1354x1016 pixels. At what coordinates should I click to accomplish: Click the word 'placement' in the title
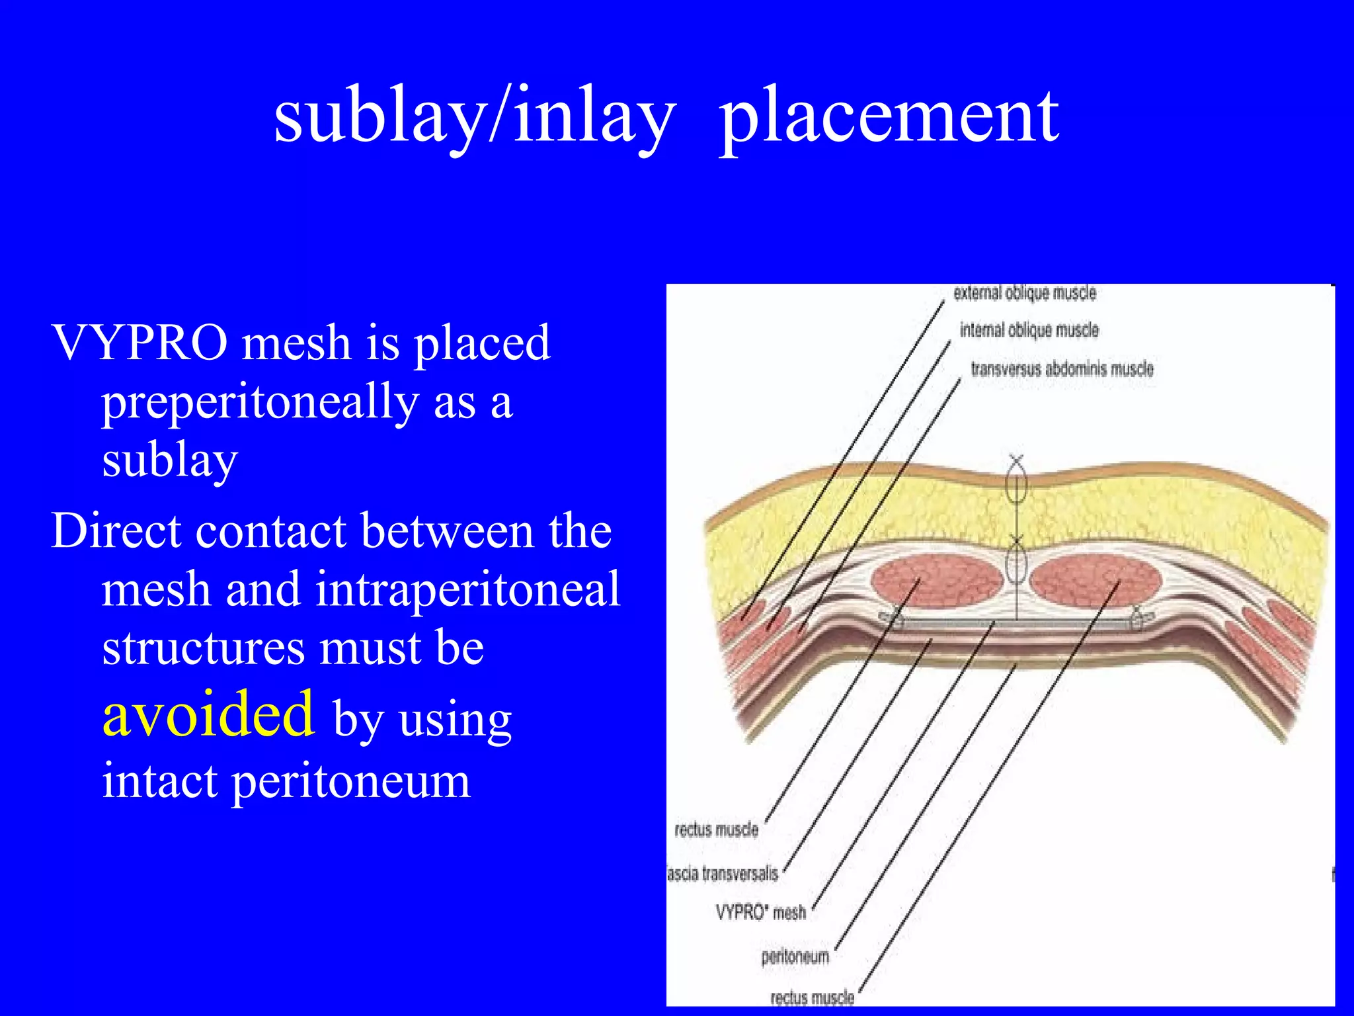click(x=889, y=117)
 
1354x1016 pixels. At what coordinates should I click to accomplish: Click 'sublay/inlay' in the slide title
click(x=475, y=117)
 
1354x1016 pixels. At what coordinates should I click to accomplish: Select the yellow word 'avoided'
click(x=208, y=714)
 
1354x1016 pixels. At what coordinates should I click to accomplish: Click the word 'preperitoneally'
click(x=259, y=402)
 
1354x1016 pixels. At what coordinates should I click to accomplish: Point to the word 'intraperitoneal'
click(x=467, y=589)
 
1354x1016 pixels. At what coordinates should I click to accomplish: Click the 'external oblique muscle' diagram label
click(x=1024, y=293)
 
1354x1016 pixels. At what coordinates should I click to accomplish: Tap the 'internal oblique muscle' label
click(x=1029, y=330)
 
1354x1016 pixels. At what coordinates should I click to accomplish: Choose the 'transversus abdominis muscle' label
click(x=1062, y=368)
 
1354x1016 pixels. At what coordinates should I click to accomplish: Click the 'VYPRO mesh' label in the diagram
click(x=760, y=913)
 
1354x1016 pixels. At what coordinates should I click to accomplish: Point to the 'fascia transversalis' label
click(x=723, y=874)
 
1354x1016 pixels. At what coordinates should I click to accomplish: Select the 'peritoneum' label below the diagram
click(x=795, y=956)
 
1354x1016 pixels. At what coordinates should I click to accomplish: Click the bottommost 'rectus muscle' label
click(x=812, y=997)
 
